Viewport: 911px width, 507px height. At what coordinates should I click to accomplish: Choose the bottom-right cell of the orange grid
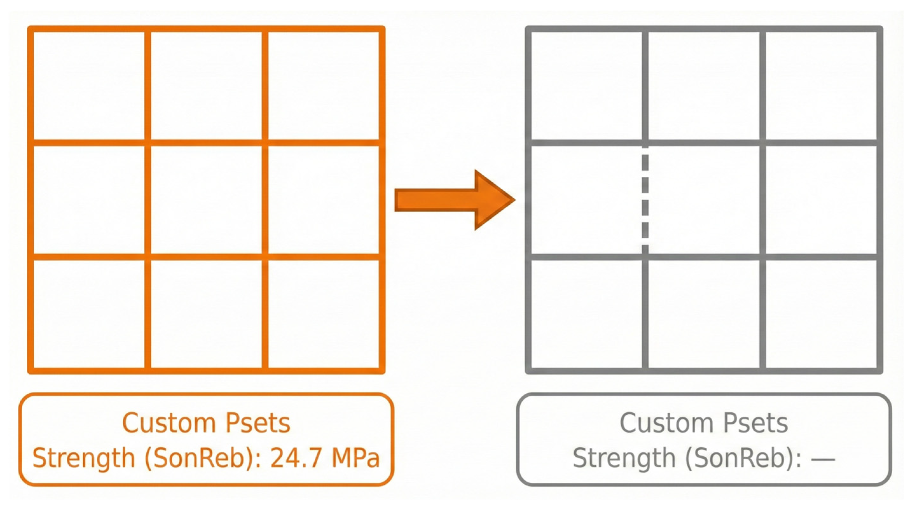(x=324, y=314)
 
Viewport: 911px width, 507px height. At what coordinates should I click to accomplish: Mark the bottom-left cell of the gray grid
(x=586, y=314)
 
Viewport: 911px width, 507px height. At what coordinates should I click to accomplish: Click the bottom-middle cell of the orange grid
(x=206, y=314)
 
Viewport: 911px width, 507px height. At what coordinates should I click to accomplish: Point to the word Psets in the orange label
(x=258, y=423)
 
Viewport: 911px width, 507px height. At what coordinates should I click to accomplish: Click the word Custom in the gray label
(x=667, y=423)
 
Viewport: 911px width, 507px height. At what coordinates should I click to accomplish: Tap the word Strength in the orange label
(x=84, y=458)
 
